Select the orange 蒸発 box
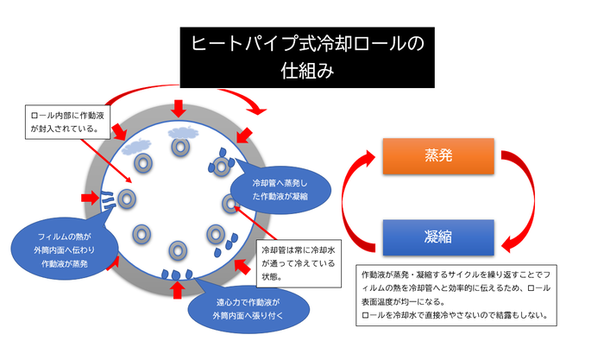437,156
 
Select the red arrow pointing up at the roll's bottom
179,289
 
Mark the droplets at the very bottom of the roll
177,275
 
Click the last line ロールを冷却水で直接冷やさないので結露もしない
454,315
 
